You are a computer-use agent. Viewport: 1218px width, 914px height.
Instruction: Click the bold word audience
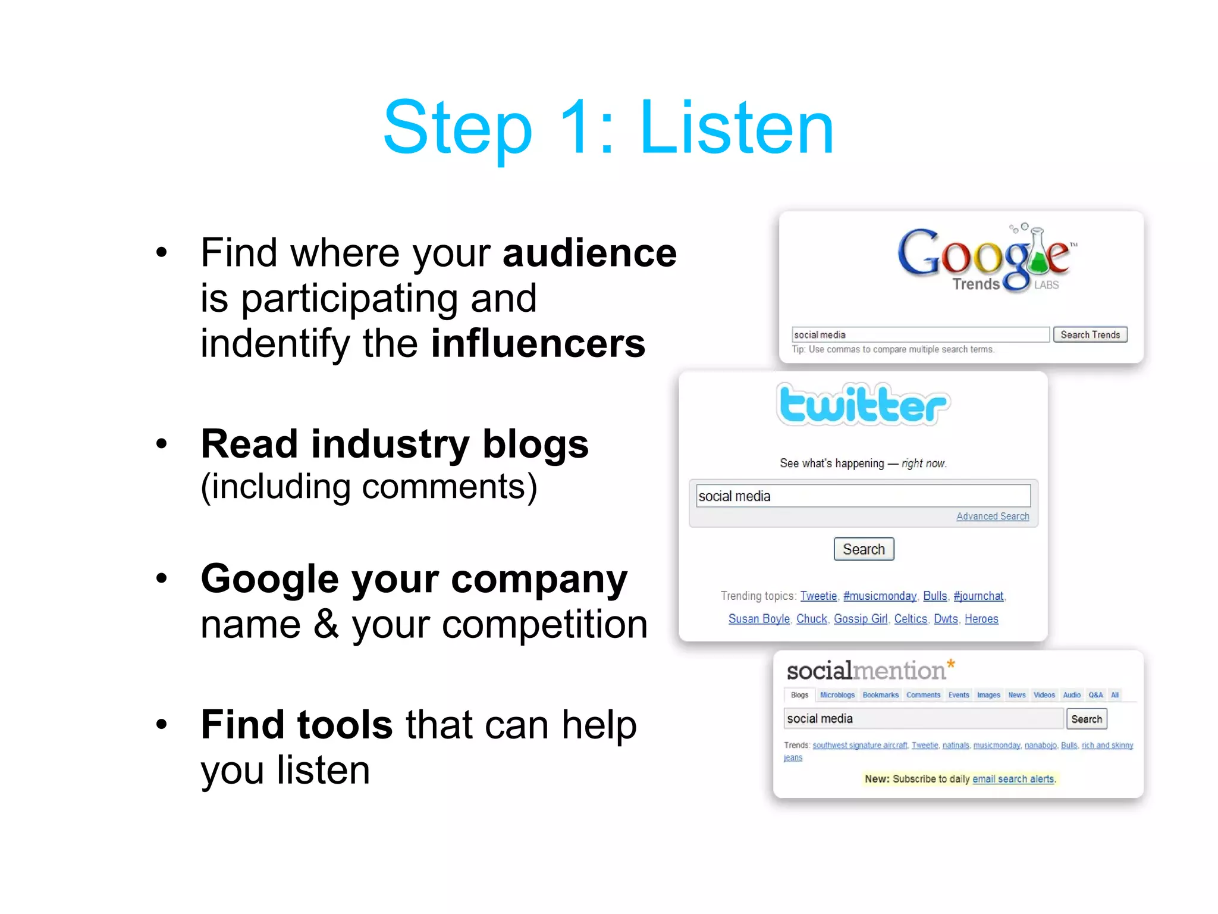pyautogui.click(x=589, y=253)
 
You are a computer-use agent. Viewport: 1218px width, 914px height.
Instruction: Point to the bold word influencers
pyautogui.click(x=538, y=343)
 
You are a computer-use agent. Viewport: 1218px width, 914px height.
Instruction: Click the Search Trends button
pyautogui.click(x=1090, y=334)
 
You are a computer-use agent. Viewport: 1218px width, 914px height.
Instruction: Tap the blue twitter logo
pyautogui.click(x=863, y=405)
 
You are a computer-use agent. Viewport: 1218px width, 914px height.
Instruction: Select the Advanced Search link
pyautogui.click(x=992, y=517)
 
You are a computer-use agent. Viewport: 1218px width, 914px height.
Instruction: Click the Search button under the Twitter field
pyautogui.click(x=864, y=549)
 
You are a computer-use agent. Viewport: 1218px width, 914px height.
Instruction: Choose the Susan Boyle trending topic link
pyautogui.click(x=759, y=619)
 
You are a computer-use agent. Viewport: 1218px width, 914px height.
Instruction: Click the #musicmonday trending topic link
pyautogui.click(x=880, y=596)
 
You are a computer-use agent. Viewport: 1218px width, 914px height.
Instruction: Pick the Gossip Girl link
pyautogui.click(x=860, y=619)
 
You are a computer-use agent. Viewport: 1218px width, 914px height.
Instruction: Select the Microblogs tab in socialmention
pyautogui.click(x=837, y=695)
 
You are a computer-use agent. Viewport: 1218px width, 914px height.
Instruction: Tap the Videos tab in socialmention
pyautogui.click(x=1044, y=695)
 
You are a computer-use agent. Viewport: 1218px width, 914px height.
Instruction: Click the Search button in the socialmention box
pyautogui.click(x=1086, y=719)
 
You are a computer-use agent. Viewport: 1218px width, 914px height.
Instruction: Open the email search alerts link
pyautogui.click(x=1013, y=779)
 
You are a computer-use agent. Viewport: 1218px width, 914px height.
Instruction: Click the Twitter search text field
pyautogui.click(x=863, y=496)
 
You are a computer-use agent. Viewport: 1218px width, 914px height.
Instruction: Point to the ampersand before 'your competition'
pyautogui.click(x=326, y=625)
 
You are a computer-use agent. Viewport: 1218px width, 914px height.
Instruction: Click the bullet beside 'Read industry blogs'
pyautogui.click(x=161, y=444)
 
